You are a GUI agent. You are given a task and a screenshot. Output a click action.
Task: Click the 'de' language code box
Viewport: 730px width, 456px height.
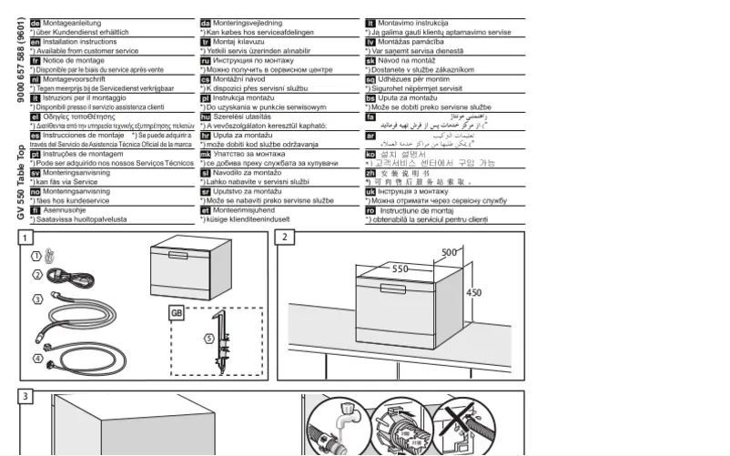(x=35, y=22)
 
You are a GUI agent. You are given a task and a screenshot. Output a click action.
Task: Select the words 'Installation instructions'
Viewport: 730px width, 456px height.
(x=80, y=42)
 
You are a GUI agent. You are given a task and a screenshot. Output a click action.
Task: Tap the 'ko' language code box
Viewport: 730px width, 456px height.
(x=370, y=154)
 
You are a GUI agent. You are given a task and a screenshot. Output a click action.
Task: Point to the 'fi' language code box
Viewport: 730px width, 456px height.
(x=35, y=210)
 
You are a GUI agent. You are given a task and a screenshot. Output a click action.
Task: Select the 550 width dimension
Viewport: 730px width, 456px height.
(x=400, y=269)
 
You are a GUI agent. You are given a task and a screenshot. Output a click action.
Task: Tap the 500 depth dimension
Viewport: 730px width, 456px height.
(x=449, y=252)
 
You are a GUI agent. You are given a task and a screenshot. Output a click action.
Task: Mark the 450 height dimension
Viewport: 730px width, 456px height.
(x=473, y=293)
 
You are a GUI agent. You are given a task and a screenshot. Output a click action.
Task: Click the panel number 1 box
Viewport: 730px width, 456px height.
(x=26, y=238)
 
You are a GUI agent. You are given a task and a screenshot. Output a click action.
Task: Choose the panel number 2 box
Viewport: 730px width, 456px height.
(x=285, y=238)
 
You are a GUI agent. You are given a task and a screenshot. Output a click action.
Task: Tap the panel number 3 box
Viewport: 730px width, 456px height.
(x=26, y=396)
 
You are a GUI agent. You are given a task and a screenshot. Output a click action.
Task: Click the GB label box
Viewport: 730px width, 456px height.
(x=177, y=313)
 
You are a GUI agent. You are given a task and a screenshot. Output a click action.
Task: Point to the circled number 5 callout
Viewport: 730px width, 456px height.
(x=208, y=339)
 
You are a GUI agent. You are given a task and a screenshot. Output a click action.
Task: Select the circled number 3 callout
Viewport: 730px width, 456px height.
(x=37, y=299)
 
